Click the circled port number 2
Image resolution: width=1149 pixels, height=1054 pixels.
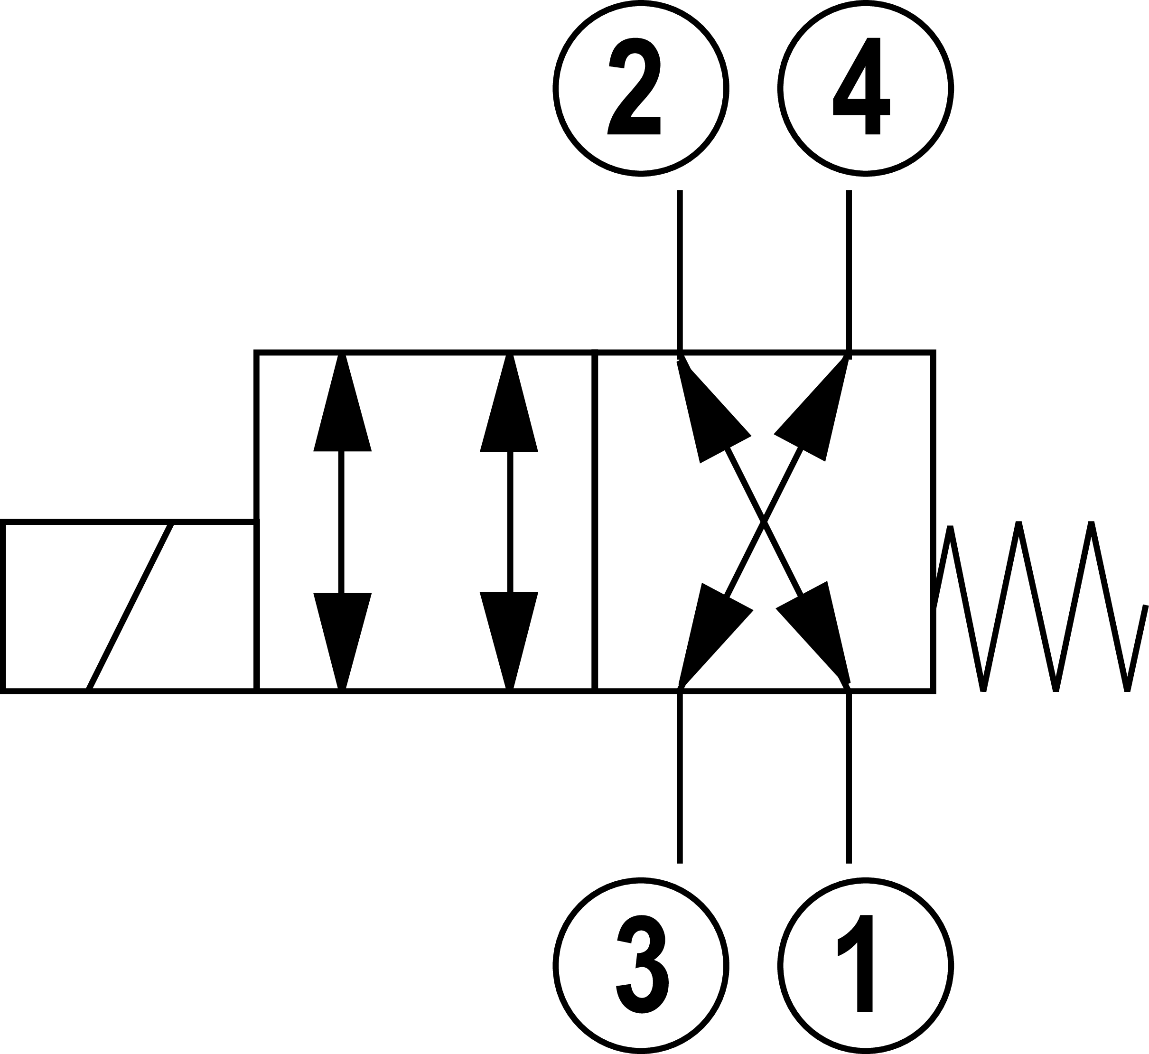coord(641,88)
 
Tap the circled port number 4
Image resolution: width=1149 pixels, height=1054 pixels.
coord(866,88)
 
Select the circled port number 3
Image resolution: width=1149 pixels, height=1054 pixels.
coord(641,965)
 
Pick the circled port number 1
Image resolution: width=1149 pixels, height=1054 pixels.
coord(866,965)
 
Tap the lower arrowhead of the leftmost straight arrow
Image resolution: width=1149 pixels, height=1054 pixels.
coord(342,633)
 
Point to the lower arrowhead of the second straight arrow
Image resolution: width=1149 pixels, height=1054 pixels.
coord(509,633)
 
